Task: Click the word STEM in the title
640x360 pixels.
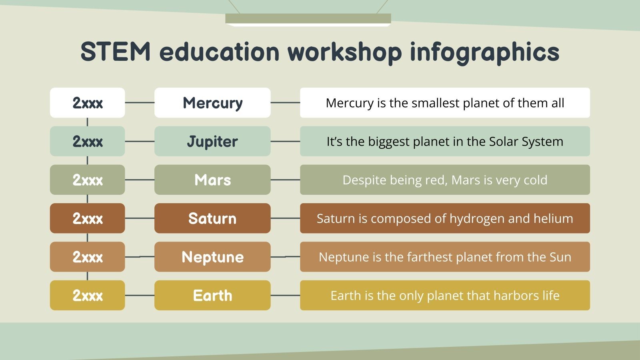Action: pyautogui.click(x=115, y=52)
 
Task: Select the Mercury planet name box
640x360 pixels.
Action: pyautogui.click(x=212, y=103)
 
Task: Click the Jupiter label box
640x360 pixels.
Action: pyautogui.click(x=212, y=141)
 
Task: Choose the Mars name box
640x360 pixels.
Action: pyautogui.click(x=212, y=180)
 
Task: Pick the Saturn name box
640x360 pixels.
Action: pyautogui.click(x=212, y=218)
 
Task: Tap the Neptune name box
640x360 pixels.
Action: pyautogui.click(x=212, y=257)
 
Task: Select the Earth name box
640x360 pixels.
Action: pyautogui.click(x=212, y=295)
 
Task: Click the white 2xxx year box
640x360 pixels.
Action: pyautogui.click(x=87, y=103)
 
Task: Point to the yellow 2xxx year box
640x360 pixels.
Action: pyautogui.click(x=87, y=295)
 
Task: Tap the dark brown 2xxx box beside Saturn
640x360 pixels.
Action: pyautogui.click(x=87, y=218)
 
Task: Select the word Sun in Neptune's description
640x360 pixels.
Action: pyautogui.click(x=560, y=257)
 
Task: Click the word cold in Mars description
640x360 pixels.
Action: pyautogui.click(x=535, y=180)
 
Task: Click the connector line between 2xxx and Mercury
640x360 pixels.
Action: pyautogui.click(x=140, y=103)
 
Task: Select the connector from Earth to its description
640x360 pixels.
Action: pyautogui.click(x=285, y=295)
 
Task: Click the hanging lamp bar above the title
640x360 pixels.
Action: pyautogui.click(x=308, y=19)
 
